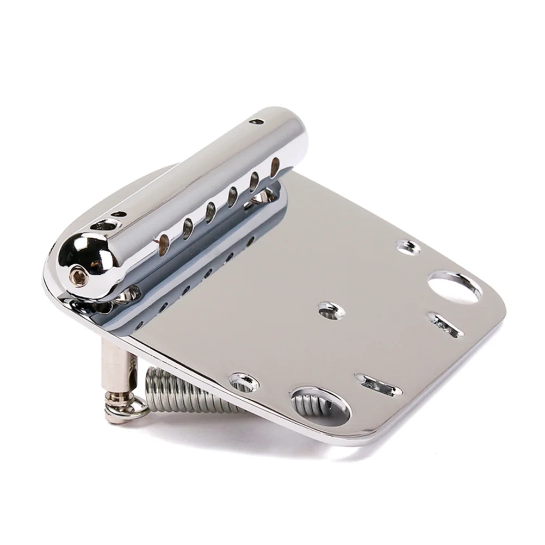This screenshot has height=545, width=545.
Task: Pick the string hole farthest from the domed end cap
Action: pyautogui.click(x=275, y=165)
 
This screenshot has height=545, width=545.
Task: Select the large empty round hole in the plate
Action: pyautogui.click(x=455, y=286)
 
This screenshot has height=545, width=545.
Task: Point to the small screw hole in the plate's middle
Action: pyautogui.click(x=330, y=311)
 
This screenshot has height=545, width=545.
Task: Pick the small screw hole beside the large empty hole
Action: pyautogui.click(x=408, y=248)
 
